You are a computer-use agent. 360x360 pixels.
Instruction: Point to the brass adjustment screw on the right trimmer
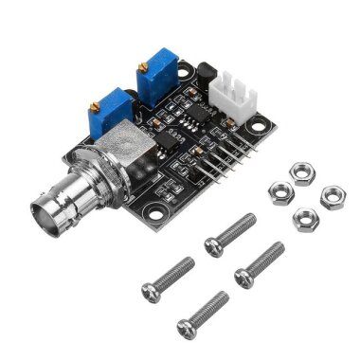pos(142,66)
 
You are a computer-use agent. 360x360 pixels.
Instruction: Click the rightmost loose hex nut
pos(333,196)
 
